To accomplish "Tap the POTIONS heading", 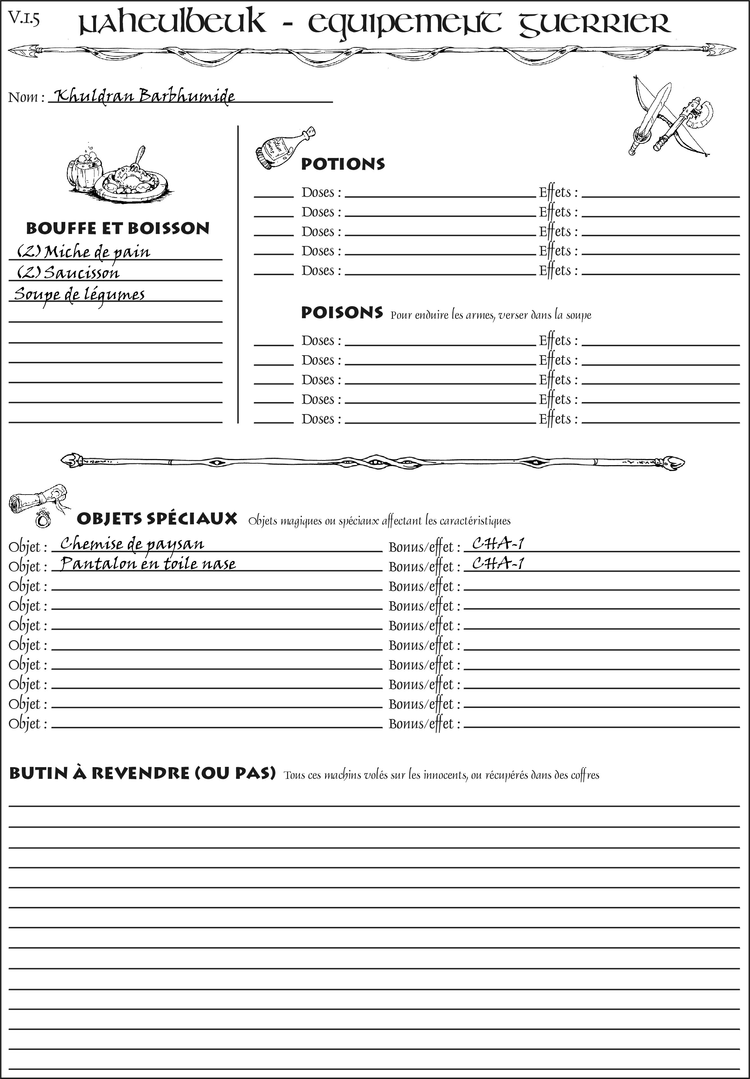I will (x=343, y=164).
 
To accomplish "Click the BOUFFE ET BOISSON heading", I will (x=118, y=228).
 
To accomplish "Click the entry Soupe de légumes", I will (x=79, y=294).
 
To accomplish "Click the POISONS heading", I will (x=342, y=313).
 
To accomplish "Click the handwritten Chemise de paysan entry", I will (x=132, y=544).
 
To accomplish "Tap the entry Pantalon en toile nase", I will (x=148, y=564).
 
